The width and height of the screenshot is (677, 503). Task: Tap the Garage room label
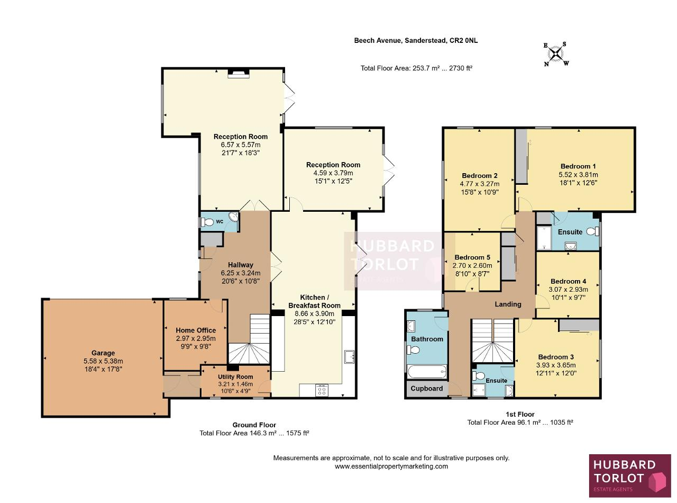(x=103, y=353)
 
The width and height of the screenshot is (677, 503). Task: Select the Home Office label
(x=196, y=330)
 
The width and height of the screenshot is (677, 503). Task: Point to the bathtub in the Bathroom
(x=427, y=372)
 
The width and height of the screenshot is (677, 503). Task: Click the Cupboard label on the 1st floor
(x=426, y=389)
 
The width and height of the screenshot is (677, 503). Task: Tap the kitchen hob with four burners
(x=322, y=390)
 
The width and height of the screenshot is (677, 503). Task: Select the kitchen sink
(x=349, y=357)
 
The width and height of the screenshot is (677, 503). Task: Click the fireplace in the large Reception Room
(x=239, y=74)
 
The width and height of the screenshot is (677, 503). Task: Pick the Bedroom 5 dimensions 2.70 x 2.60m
(x=472, y=266)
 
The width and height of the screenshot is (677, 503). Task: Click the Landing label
(x=508, y=304)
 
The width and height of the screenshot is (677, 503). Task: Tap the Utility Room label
(x=235, y=377)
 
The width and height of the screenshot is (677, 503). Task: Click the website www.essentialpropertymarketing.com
(x=391, y=466)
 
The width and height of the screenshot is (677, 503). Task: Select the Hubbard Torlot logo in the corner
(x=630, y=475)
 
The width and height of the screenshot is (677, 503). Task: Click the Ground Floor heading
(x=254, y=425)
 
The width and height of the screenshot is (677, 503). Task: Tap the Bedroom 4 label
(x=568, y=281)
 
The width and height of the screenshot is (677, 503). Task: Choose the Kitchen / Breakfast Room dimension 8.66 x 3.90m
(x=314, y=313)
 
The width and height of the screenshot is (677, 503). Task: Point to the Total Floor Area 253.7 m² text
(x=416, y=68)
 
